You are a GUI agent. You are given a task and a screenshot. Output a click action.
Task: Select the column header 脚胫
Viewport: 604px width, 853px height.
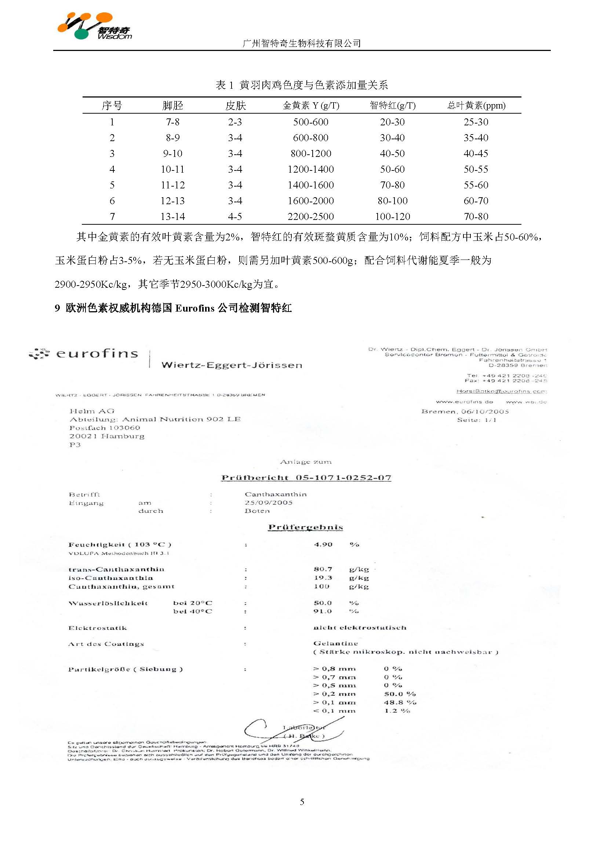coord(172,106)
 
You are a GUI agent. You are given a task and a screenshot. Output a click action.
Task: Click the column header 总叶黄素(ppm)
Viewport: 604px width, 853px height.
coord(476,106)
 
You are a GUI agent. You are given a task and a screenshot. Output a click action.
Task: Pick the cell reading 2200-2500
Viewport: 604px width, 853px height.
coord(310,217)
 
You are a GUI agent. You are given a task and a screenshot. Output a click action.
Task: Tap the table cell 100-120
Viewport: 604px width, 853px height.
coord(392,217)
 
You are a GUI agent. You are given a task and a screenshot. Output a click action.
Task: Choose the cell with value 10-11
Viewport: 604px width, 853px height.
coord(172,169)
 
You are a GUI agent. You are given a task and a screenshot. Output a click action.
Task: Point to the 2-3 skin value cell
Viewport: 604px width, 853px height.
coord(235,122)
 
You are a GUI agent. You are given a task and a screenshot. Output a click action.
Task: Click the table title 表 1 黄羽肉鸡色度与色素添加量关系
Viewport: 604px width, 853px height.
coord(302,85)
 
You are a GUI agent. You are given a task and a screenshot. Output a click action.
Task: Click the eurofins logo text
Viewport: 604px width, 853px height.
coord(97,353)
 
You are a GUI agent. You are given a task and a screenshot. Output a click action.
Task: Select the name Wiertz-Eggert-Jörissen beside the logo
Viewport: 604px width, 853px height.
coord(232,365)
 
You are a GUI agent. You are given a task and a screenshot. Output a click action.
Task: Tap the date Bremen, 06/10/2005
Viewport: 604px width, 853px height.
coord(465,411)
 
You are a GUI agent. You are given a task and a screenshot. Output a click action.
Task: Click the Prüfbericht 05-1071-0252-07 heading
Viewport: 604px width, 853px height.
coord(306,478)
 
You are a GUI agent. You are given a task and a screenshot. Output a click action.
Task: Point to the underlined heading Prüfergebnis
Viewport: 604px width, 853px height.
coord(305,527)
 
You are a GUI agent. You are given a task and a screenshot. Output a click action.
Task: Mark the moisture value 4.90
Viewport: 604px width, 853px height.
coord(323,545)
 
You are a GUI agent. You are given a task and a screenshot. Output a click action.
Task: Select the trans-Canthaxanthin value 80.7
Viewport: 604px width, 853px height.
coord(323,569)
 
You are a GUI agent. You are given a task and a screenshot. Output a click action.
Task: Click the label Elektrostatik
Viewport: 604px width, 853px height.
coord(98,628)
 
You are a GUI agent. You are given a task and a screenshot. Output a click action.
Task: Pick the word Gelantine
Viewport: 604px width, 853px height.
coord(335,643)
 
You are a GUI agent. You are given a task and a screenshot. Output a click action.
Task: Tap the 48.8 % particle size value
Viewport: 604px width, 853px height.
coord(400,703)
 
